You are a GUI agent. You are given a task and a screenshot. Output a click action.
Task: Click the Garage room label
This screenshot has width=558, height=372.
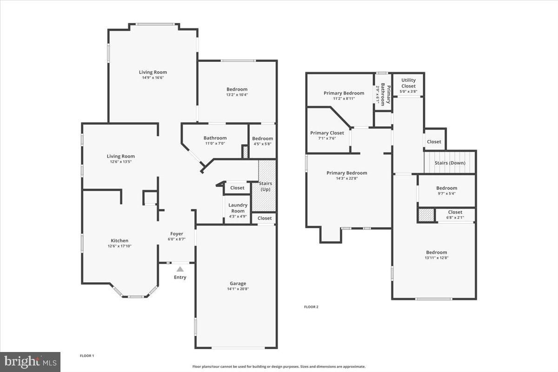point(238,283)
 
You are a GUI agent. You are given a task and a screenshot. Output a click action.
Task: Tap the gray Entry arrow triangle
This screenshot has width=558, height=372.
point(180,269)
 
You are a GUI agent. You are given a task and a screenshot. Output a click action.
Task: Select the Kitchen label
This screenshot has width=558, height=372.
point(120,240)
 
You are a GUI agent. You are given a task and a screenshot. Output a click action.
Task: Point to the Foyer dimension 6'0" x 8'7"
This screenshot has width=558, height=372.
point(177,239)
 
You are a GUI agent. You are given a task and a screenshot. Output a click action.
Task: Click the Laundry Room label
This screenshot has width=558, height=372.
point(238,208)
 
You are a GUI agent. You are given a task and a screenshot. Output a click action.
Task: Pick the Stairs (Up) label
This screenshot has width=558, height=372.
point(266,186)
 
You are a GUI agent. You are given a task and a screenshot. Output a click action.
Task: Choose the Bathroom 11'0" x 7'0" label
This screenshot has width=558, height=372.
point(215,140)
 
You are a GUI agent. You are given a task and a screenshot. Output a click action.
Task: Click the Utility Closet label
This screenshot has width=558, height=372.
point(409,83)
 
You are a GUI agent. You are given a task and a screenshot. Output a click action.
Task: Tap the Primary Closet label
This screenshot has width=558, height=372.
point(327,133)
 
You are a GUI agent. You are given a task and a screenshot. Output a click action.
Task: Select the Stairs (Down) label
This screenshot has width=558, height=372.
point(450,163)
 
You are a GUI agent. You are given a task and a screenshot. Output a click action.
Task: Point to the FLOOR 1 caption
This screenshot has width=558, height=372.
point(87,356)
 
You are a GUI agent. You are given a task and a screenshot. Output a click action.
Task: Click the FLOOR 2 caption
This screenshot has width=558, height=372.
point(311,307)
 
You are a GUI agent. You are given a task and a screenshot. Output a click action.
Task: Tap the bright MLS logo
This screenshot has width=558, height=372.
point(30,362)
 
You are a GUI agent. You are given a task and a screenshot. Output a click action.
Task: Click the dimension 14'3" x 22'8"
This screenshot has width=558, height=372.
point(347,179)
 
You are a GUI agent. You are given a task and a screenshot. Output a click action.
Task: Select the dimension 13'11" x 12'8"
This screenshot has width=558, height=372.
point(437,258)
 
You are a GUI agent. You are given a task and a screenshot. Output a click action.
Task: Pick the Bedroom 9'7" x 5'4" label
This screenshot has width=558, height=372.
point(447,190)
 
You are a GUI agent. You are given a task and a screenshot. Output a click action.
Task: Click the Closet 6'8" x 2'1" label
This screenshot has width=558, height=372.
point(455,214)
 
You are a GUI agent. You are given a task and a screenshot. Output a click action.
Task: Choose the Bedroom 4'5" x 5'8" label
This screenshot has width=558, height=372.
point(263,141)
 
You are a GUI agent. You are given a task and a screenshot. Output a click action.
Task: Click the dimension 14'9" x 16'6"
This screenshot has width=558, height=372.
point(153,78)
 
